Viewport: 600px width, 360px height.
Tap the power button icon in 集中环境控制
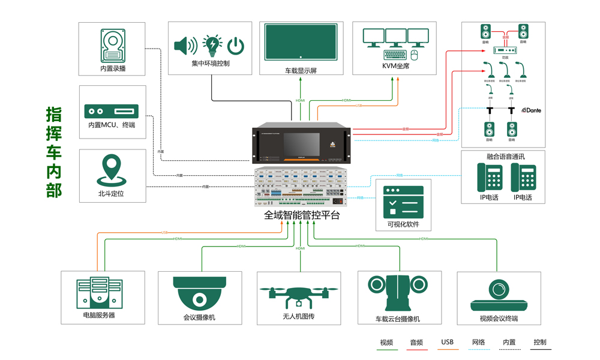pos(236,45)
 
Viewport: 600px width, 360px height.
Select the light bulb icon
pos(212,45)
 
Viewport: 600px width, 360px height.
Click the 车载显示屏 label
pos(301,70)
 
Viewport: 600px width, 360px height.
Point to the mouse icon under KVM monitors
pos(414,55)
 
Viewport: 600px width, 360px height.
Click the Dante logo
pos(532,110)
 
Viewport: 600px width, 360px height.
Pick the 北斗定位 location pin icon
pos(112,170)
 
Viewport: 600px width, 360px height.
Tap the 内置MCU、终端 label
pos(112,125)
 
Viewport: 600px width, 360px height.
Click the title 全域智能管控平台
pos(302,214)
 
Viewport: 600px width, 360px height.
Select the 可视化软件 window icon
pos(403,202)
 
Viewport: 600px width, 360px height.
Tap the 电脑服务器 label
pos(100,315)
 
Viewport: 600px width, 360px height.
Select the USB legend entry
pos(448,343)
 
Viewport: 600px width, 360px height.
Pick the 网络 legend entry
pos(478,343)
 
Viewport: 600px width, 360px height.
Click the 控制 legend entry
pos(540,343)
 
